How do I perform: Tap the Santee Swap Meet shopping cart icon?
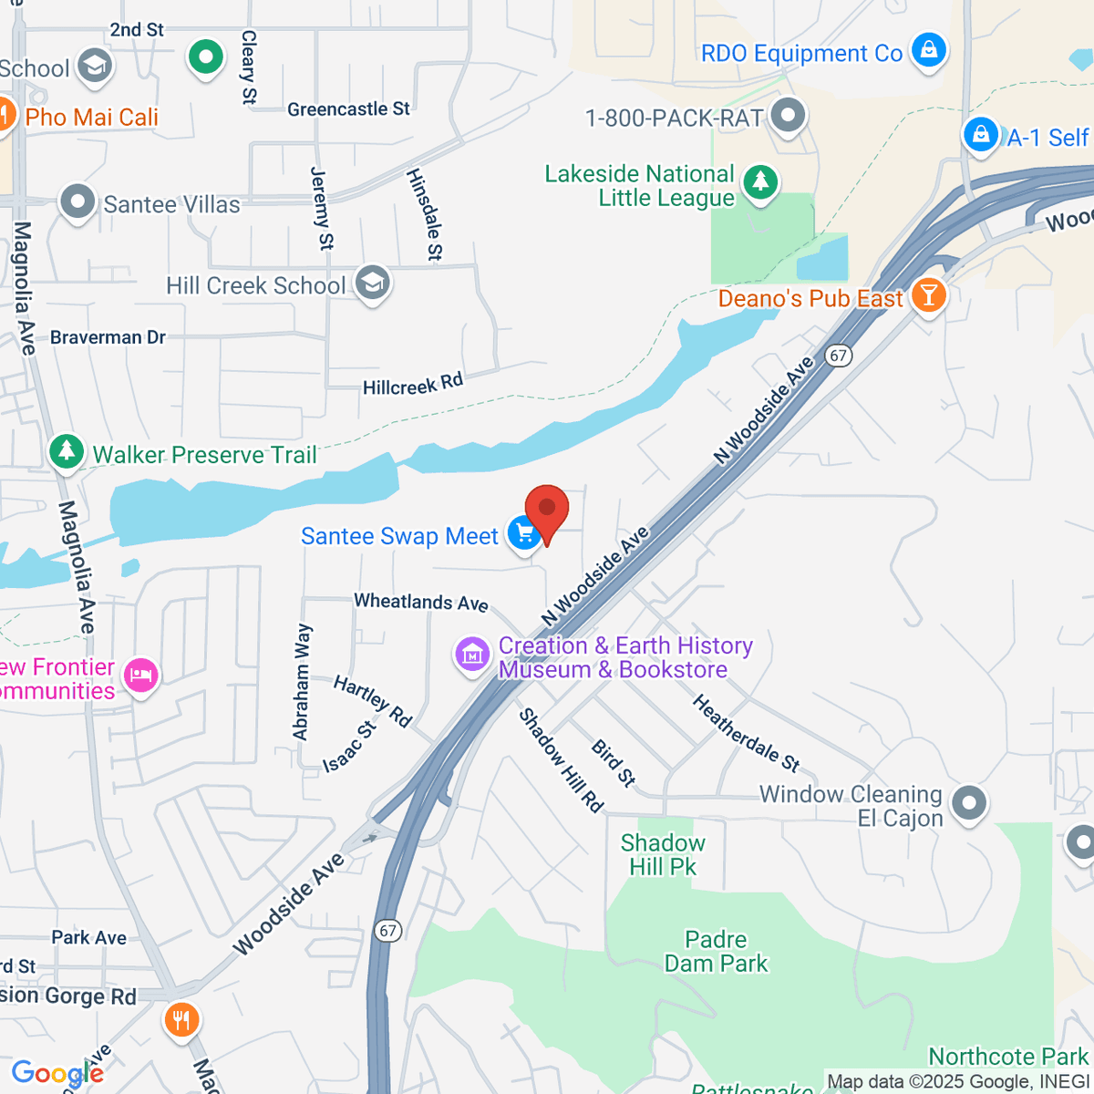point(524,534)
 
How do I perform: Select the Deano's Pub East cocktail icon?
point(928,296)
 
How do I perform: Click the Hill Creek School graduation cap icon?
point(372,284)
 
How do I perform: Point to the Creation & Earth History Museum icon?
point(472,655)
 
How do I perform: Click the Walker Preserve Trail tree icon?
point(66,452)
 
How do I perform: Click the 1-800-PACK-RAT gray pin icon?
point(788,116)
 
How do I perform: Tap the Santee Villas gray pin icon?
point(77,201)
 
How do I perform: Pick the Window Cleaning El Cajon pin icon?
point(968,804)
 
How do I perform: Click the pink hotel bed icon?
point(140,676)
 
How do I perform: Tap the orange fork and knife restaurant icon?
point(181,1019)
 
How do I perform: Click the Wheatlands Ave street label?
point(421,603)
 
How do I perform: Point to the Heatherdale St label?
point(746,732)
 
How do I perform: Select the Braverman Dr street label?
point(108,337)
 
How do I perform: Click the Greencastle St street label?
point(348,109)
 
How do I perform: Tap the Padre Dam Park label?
point(716,951)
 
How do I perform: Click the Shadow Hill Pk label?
point(663,854)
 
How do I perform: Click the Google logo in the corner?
point(57,1073)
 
